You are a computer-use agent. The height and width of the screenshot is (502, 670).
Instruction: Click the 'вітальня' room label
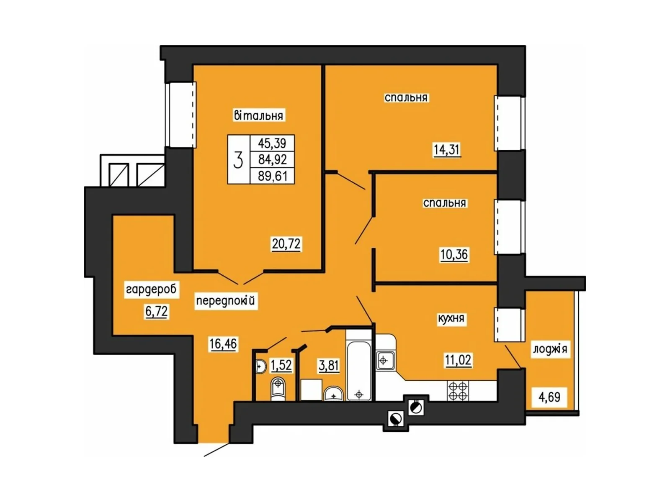(x=258, y=115)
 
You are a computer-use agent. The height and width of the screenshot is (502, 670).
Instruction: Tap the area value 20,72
(x=286, y=243)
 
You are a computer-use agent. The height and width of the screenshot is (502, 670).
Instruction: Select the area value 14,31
(x=447, y=149)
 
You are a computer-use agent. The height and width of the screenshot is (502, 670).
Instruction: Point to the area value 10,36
(x=454, y=254)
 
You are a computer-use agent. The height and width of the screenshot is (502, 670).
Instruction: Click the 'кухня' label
(x=451, y=319)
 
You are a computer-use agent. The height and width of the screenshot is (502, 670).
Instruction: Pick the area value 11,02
(x=458, y=360)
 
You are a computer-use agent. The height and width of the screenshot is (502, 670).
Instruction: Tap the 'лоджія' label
(x=550, y=349)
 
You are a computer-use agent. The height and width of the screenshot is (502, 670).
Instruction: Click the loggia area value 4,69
(x=549, y=397)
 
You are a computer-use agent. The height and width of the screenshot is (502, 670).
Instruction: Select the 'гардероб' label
(x=151, y=289)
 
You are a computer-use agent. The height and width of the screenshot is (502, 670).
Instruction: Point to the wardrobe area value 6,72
(x=156, y=312)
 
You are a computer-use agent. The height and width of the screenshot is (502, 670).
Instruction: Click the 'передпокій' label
(x=225, y=300)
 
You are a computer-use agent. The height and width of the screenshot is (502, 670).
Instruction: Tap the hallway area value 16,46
(x=223, y=344)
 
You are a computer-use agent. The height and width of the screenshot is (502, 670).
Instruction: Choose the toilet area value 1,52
(x=281, y=365)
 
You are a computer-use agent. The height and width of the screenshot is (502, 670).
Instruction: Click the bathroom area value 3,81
(x=329, y=366)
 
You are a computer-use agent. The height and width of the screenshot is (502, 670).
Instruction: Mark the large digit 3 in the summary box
(x=238, y=159)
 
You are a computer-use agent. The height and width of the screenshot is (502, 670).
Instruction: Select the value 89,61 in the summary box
(x=273, y=176)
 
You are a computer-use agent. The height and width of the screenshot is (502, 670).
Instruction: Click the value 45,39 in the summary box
(x=272, y=143)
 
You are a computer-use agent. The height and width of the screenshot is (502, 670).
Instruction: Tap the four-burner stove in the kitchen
(x=457, y=391)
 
